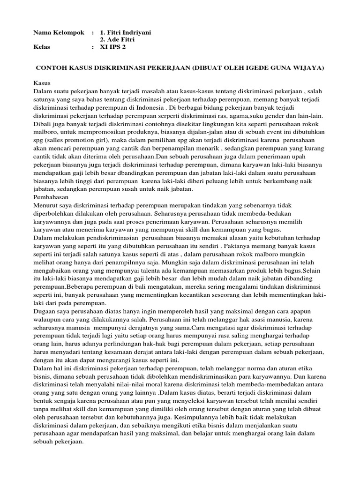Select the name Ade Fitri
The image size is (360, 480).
click(121, 40)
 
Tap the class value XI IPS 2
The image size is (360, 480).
click(116, 47)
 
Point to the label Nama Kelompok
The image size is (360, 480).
click(59, 32)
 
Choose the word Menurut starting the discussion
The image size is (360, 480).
click(46, 205)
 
